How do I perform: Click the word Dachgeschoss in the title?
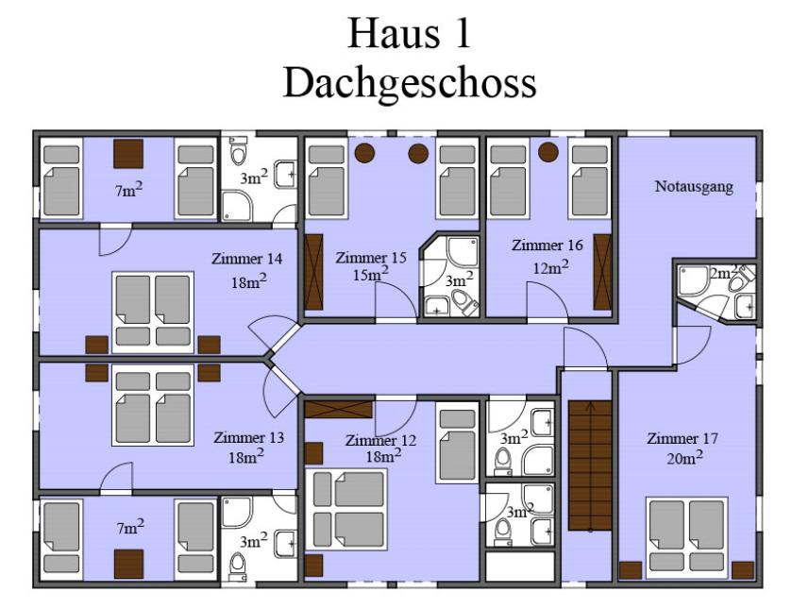pos(411,84)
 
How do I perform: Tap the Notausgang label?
pos(694,186)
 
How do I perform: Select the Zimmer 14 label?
pos(247,259)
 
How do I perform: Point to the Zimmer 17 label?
pos(683,439)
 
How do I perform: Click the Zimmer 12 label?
pos(380,441)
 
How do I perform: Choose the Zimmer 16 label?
pos(548,245)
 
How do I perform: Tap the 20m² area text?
pos(684,457)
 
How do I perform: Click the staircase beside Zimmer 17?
pos(590,466)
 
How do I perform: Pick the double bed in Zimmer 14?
pos(153,313)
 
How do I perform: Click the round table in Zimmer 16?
pos(548,152)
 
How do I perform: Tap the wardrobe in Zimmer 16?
pos(602,272)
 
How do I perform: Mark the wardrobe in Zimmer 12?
pos(339,410)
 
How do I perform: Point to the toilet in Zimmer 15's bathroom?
pos(465,302)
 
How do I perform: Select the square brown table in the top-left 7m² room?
pos(128,154)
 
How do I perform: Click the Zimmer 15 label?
pos(371,258)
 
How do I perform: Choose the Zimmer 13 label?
pos(248,438)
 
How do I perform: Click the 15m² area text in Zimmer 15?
pos(370,275)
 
